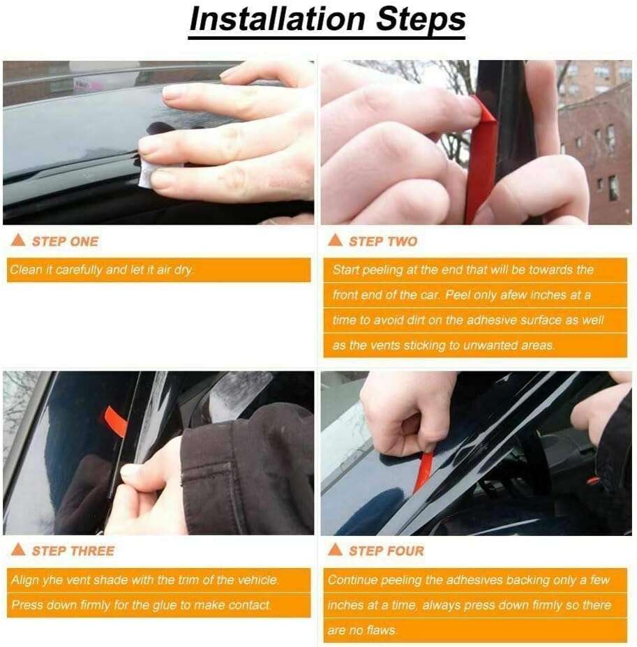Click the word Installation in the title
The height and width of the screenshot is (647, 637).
278,19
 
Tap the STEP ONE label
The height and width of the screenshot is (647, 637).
65,241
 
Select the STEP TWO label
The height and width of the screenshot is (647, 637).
383,241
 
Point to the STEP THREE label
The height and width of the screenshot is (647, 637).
73,551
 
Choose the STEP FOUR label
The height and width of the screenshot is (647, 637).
386,551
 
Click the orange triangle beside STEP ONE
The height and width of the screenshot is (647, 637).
18,240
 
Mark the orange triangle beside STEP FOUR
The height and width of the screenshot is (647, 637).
335,549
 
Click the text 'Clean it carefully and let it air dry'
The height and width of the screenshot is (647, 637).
101,270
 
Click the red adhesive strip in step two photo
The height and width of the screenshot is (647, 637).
481,161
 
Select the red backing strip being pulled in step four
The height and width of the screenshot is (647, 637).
424,470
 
